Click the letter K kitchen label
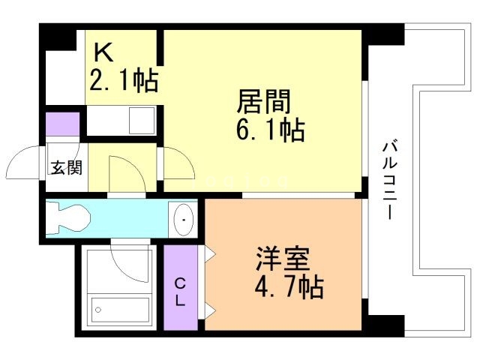103,52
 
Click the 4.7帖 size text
289,286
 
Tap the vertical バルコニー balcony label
389,179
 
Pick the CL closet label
181,292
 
